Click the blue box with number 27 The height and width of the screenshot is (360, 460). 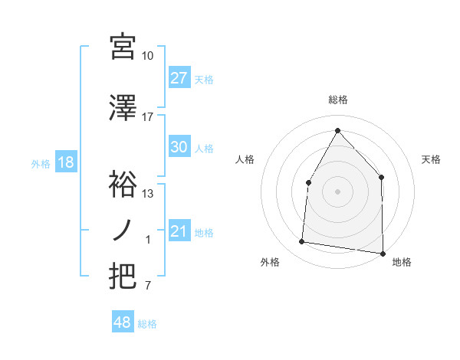[x=179, y=78]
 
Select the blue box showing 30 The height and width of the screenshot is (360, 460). [x=179, y=147]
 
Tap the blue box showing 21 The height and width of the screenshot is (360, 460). [x=179, y=231]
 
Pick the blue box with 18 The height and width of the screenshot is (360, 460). [x=65, y=162]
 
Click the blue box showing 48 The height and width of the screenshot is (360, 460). [x=123, y=322]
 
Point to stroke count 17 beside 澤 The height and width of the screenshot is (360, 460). [x=148, y=117]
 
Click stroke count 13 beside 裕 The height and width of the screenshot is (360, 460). [x=148, y=194]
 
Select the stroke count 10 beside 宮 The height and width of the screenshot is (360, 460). [x=148, y=56]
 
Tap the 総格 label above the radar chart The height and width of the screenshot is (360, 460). [x=337, y=100]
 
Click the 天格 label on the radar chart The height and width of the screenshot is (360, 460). [x=432, y=159]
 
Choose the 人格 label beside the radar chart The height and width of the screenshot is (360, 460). [x=245, y=159]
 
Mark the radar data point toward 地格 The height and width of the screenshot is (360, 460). [x=383, y=253]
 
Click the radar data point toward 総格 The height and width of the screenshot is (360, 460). [x=337, y=129]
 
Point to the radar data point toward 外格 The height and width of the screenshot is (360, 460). [x=302, y=242]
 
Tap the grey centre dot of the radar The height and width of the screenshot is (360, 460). [x=337, y=191]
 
